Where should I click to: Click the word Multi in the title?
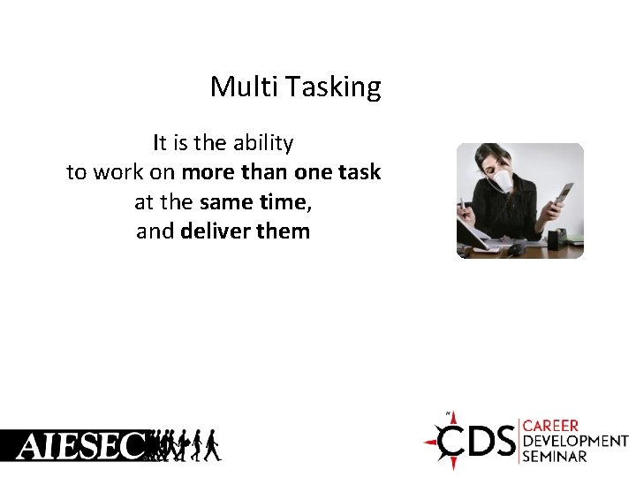(x=231, y=87)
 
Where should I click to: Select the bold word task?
(x=358, y=172)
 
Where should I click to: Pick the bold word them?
(x=282, y=232)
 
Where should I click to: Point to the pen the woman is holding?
(x=462, y=209)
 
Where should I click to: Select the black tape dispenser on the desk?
(x=556, y=238)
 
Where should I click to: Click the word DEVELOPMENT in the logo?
(x=575, y=441)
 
